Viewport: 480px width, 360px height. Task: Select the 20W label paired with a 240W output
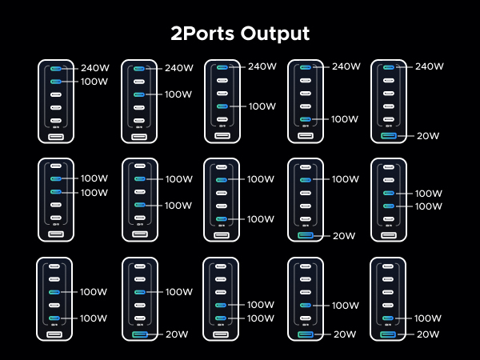point(428,136)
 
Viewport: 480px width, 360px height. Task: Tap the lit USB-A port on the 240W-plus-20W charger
point(389,136)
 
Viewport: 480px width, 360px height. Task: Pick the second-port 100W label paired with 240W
point(94,82)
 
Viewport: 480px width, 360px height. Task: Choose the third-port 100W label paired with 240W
point(178,94)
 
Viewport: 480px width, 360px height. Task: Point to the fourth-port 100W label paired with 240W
point(262,106)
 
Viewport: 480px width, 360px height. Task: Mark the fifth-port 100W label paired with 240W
point(345,119)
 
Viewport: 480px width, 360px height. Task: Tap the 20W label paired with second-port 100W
point(343,236)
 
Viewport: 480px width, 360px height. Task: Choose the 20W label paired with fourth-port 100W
point(343,334)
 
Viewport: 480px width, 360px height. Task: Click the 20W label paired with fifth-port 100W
point(428,334)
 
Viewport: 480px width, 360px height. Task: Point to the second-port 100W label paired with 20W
point(345,178)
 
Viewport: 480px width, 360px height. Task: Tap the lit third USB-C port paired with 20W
point(140,292)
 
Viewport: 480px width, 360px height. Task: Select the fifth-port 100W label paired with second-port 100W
point(261,219)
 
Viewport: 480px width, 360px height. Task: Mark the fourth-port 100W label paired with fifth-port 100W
point(261,305)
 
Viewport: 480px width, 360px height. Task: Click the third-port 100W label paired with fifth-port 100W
point(94,292)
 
